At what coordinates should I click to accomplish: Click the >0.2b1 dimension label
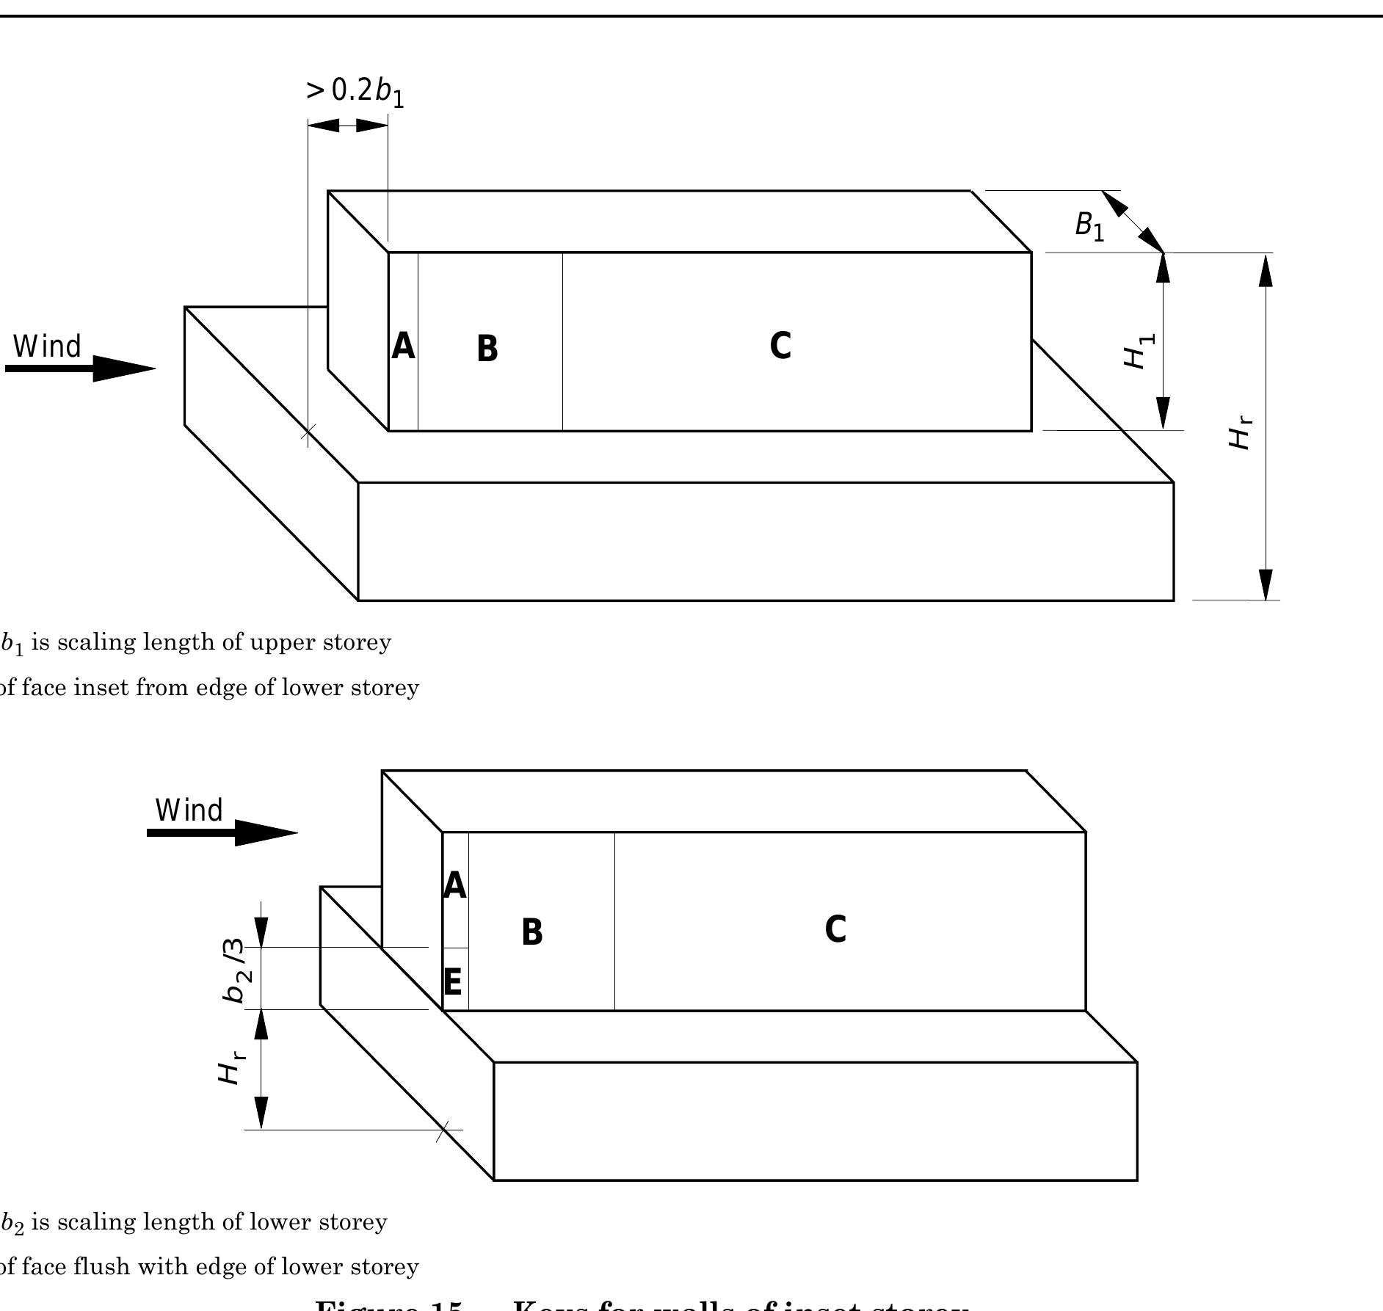point(355,91)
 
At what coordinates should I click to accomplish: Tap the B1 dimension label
point(1089,225)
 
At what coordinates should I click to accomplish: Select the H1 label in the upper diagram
point(1139,351)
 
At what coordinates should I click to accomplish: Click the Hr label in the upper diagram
point(1241,433)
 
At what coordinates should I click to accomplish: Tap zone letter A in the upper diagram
point(403,346)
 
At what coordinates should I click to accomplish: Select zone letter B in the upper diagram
point(487,349)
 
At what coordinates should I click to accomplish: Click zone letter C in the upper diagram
point(780,346)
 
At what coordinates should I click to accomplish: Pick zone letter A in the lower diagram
point(454,886)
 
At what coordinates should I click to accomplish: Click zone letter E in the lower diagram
point(453,982)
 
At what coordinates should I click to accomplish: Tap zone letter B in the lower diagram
point(531,932)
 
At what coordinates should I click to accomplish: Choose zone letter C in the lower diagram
point(835,929)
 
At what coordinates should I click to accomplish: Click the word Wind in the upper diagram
point(48,346)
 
